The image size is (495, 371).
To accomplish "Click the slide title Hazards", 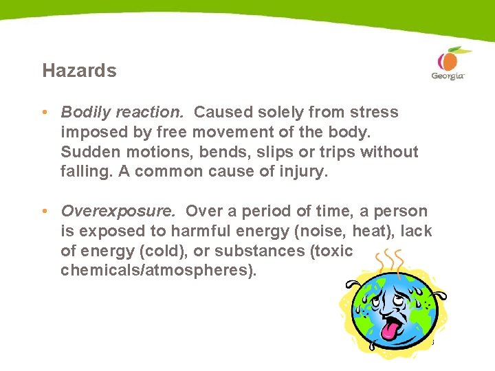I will pos(79,71).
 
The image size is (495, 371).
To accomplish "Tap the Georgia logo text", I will pos(448,76).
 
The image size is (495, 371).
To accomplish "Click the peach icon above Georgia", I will pos(446,59).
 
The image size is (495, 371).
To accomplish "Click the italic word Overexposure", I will pos(120,212).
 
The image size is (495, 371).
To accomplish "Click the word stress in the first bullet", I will pos(375,112).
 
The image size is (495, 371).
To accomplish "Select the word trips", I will pos(320,152).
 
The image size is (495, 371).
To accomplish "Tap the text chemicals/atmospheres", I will pos(158,271).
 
